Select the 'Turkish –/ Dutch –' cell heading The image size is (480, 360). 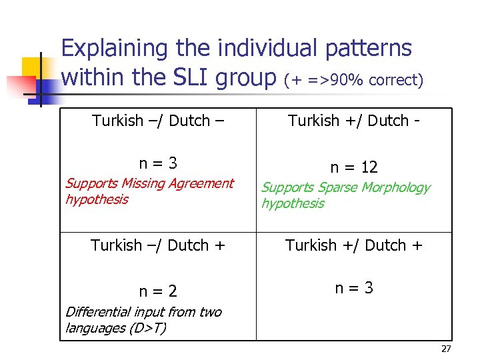158,121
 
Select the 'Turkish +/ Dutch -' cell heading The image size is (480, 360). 353,121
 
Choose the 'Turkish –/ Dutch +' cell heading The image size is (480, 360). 159,245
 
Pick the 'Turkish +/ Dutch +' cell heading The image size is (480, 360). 354,245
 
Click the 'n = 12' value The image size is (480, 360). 354,167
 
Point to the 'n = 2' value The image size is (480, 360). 158,291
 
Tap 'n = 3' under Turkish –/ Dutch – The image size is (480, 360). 158,163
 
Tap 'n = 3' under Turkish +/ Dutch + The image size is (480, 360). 354,288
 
